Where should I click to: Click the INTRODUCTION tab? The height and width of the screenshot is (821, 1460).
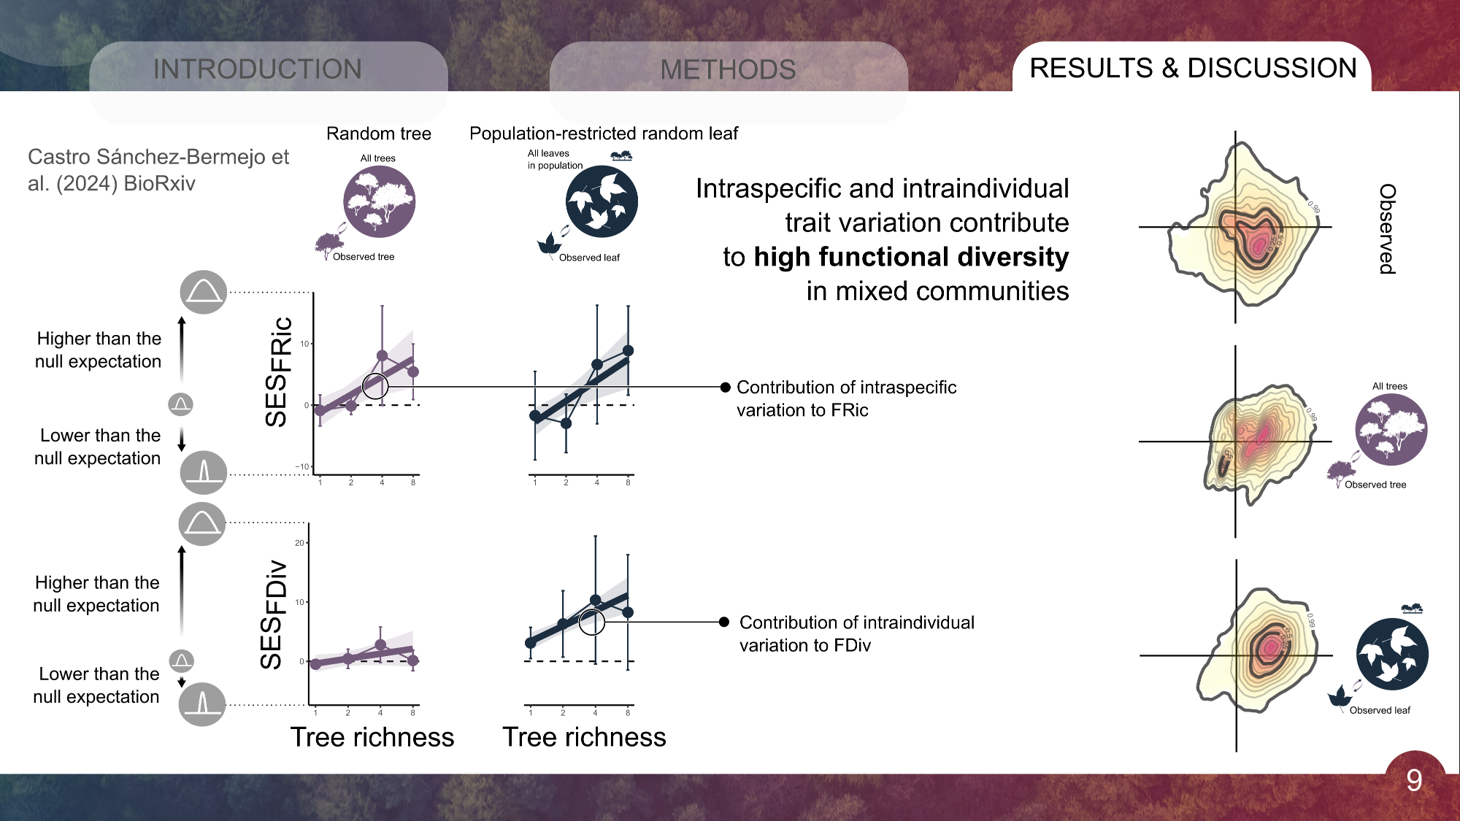(258, 69)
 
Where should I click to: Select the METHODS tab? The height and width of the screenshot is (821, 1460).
(728, 70)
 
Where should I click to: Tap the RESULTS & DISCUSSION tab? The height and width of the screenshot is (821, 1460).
(1193, 68)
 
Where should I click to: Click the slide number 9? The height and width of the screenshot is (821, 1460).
(1414, 781)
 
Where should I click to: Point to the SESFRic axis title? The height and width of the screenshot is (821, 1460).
(278, 372)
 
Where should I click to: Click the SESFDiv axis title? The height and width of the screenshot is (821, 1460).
(272, 614)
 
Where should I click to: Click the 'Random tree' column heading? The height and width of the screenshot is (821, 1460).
(378, 134)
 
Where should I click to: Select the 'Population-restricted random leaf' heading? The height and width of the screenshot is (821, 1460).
(604, 134)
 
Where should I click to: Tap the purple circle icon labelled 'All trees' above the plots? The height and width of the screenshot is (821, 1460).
(379, 201)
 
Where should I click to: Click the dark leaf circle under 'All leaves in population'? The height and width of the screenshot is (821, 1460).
(602, 201)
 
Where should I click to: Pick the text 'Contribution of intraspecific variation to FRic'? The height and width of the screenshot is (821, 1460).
(846, 398)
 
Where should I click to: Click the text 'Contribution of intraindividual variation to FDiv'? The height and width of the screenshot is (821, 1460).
(856, 633)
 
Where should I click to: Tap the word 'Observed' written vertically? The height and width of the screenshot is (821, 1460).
(1387, 228)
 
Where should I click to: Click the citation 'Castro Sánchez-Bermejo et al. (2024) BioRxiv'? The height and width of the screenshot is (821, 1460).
(158, 169)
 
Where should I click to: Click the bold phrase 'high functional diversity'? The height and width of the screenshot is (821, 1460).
(911, 257)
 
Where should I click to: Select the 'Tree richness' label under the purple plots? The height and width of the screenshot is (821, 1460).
(372, 737)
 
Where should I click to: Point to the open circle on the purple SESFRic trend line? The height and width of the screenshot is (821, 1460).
(375, 386)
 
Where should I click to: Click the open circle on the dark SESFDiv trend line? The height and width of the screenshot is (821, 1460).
(592, 622)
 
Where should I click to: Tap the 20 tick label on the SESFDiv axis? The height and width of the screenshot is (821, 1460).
(299, 543)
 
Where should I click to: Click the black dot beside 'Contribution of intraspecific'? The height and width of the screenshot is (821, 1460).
(725, 388)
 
